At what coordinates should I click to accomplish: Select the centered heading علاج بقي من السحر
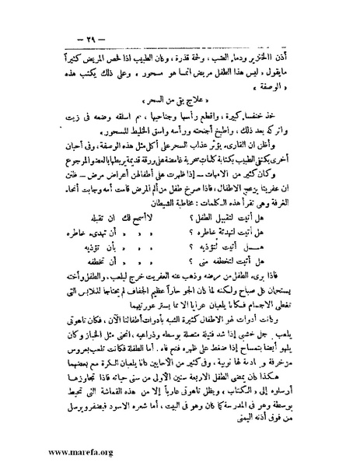click(181, 103)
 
